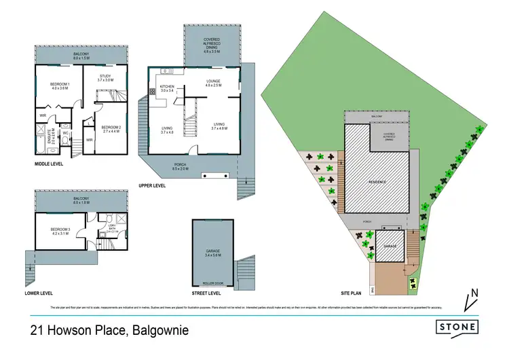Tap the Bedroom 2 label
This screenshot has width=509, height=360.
click(x=110, y=128)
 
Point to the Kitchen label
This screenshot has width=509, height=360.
click(x=168, y=88)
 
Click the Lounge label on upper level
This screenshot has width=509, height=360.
click(x=214, y=82)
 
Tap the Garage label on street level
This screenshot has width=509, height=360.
click(x=212, y=253)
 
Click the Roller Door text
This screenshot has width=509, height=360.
click(x=212, y=282)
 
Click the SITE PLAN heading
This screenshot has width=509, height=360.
click(x=354, y=293)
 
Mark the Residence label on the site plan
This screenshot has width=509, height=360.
click(x=377, y=182)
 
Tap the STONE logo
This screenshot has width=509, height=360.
click(x=457, y=326)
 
